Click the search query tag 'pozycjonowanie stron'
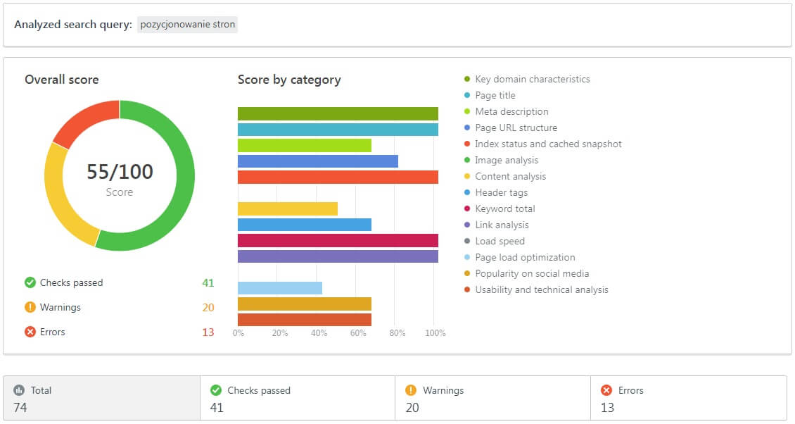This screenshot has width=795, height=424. coord(188,25)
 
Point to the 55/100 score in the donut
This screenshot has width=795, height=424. coord(120,172)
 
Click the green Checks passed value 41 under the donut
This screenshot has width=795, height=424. coord(208,283)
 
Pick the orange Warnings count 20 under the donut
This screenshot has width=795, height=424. coord(208,308)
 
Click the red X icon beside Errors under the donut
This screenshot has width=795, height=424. coord(30,332)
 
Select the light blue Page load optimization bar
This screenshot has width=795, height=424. coord(280,288)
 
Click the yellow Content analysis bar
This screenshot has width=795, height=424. coord(288,208)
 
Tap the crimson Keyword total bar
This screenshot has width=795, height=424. coord(338,240)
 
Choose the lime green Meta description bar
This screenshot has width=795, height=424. coord(305,145)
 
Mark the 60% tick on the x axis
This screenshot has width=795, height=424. coord(357,333)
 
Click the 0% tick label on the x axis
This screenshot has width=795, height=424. coord(238,333)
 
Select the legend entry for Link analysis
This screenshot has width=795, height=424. coord(502,225)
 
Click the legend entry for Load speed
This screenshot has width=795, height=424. coord(500,242)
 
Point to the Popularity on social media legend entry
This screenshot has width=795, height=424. coord(532,274)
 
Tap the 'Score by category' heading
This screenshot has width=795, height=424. coord(289,80)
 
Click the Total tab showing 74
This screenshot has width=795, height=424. coord(102,398)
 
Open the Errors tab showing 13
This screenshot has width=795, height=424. coord(688,398)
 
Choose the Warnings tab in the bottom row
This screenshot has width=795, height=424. coord(492,398)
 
